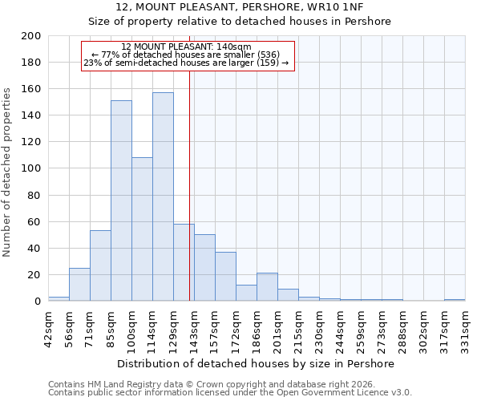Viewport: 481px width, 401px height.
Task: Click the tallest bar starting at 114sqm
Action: [x=163, y=196]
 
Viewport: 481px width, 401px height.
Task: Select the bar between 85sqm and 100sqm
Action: [x=121, y=200]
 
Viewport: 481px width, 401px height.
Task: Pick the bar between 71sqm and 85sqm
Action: [x=100, y=265]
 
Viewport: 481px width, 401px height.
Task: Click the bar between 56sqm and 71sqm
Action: [x=79, y=285]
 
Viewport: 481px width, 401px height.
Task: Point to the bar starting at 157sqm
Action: [x=225, y=277]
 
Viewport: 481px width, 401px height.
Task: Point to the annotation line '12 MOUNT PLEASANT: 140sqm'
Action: [x=186, y=47]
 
